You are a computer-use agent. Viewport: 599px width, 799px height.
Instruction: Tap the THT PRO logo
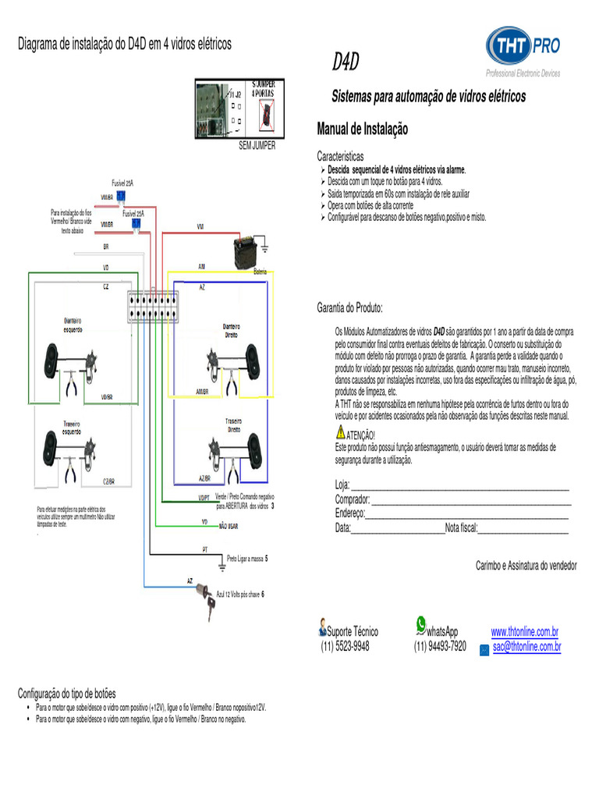523,48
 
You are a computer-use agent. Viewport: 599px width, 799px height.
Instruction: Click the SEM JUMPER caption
257,145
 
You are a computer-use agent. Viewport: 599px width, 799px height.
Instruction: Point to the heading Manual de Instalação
362,129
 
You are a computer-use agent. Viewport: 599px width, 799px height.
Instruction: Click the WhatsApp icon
422,623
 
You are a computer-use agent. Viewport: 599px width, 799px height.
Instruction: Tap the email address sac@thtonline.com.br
526,647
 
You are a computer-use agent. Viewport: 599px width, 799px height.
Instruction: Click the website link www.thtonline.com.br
524,632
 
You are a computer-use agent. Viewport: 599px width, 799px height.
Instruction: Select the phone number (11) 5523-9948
345,647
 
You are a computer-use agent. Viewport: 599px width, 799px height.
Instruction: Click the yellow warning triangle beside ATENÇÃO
340,432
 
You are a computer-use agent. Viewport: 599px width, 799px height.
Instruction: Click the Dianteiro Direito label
232,330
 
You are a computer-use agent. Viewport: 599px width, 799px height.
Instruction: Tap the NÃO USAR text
229,527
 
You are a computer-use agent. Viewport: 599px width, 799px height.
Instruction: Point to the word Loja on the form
342,486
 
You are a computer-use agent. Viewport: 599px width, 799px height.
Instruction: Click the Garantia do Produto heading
349,308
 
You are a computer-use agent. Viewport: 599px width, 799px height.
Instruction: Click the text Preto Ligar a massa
245,559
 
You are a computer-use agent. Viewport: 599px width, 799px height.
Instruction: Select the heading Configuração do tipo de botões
66,693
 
